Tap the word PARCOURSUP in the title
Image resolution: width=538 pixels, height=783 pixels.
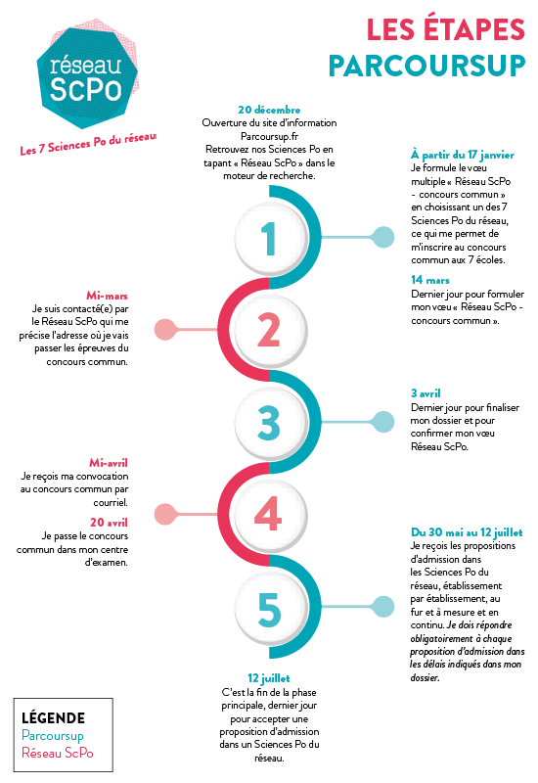tap(427, 66)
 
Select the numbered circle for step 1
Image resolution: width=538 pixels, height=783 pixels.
tap(271, 238)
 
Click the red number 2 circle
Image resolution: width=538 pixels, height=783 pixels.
tap(271, 330)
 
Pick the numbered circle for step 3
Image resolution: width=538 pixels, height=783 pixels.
tap(271, 423)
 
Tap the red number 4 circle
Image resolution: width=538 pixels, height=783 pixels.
tap(271, 515)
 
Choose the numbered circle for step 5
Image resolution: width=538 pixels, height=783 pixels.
tap(271, 609)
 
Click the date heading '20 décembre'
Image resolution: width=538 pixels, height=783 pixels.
tap(269, 110)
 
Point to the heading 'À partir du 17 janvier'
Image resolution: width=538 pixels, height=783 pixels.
tap(462, 155)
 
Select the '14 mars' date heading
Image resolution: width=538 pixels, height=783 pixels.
tap(430, 280)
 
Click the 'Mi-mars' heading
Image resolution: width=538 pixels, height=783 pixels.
tap(107, 296)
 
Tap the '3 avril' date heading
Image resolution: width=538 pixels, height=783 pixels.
tap(426, 393)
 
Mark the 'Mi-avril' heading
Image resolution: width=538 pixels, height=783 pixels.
tap(109, 463)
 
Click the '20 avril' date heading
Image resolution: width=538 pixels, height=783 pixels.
tap(109, 523)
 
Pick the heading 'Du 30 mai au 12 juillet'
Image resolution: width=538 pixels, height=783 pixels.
tap(467, 532)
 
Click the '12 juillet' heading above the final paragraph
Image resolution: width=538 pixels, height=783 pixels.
tap(268, 678)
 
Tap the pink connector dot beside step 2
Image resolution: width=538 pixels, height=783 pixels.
tap(164, 330)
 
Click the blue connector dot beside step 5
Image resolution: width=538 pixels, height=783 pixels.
tap(383, 607)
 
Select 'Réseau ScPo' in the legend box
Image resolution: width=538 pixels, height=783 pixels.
tap(58, 753)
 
